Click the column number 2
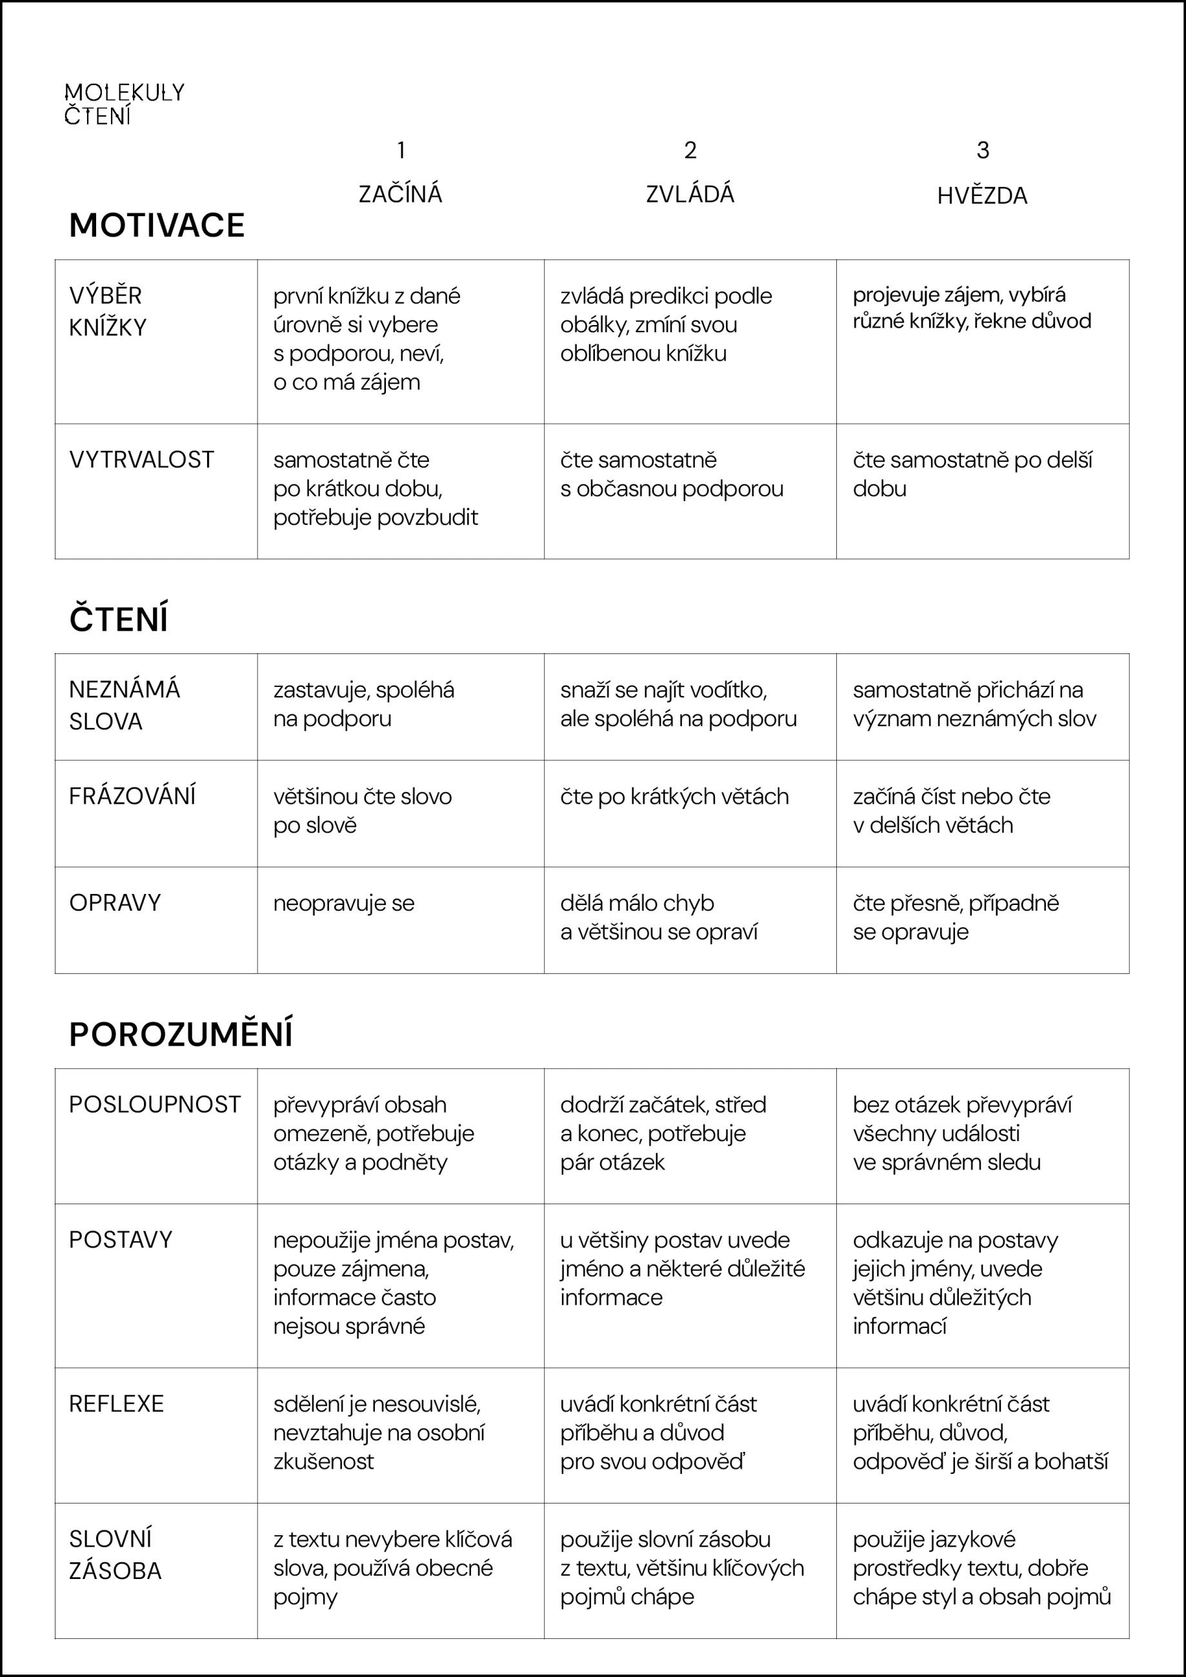click(690, 150)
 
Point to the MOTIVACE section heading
click(156, 225)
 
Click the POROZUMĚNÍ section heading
click(181, 1034)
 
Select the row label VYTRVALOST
click(141, 459)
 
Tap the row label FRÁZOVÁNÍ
click(132, 796)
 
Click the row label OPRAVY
click(115, 903)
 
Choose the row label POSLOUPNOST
click(154, 1104)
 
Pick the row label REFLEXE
click(116, 1404)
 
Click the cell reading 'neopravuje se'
click(343, 904)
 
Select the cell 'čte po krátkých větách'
click(674, 796)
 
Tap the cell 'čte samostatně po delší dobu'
click(972, 474)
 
